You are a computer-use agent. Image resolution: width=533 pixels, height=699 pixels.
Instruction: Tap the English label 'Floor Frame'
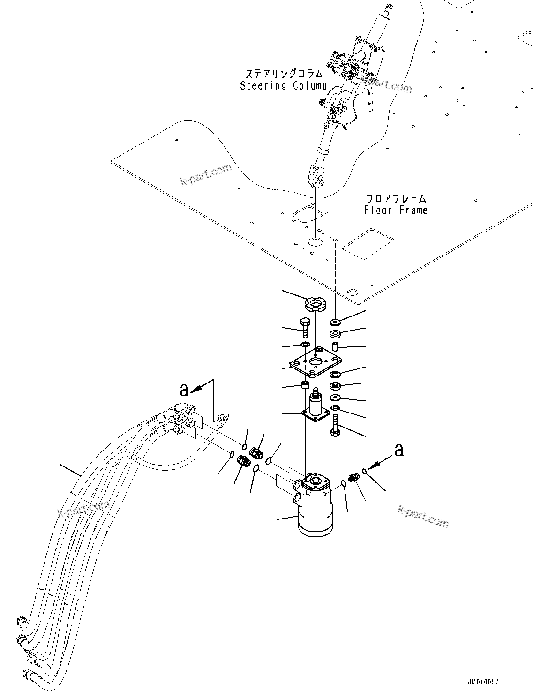pyautogui.click(x=396, y=210)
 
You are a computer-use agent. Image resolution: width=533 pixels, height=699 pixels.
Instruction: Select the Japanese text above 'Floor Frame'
pyautogui.click(x=396, y=198)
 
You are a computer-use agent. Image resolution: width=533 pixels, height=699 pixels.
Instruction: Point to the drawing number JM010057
pyautogui.click(x=482, y=681)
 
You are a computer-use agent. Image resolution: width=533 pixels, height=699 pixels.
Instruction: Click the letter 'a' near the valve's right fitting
pyautogui.click(x=398, y=451)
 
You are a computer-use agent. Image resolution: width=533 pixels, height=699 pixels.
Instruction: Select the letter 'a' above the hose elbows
pyautogui.click(x=185, y=389)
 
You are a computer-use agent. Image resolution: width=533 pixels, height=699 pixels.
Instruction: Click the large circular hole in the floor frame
pyautogui.click(x=315, y=242)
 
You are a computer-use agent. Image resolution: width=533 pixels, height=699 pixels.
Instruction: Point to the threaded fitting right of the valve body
pyautogui.click(x=353, y=479)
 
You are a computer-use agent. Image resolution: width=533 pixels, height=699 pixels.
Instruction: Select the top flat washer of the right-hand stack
pyautogui.click(x=335, y=323)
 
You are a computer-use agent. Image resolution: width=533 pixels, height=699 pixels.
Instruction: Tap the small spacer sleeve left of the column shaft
pyautogui.click(x=304, y=386)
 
